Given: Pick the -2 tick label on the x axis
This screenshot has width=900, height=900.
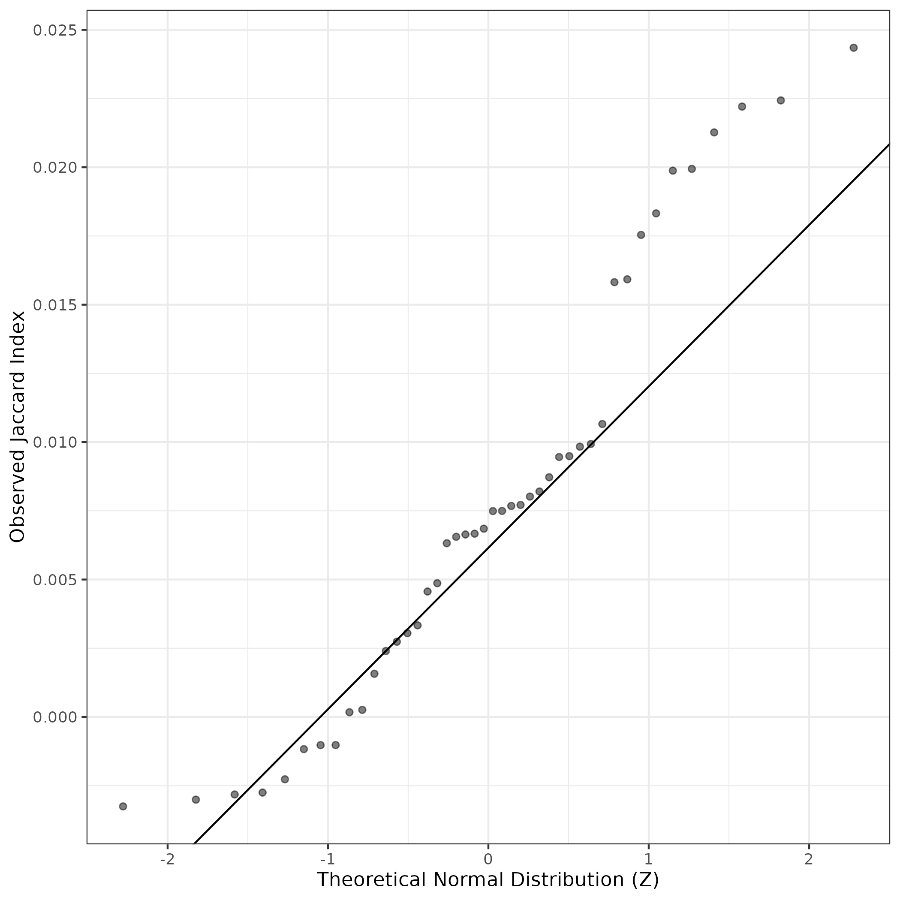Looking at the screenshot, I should [167, 859].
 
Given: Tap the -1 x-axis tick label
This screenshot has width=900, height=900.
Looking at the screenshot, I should [328, 859].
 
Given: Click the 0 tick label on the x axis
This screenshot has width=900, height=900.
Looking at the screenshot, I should [488, 859].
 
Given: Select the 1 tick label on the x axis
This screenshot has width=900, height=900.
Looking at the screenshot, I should [648, 859].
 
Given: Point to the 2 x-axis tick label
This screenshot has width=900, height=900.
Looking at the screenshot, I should [809, 859].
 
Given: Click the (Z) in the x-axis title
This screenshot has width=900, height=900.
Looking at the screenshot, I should [646, 879].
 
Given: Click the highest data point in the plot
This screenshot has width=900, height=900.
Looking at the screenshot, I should [853, 48].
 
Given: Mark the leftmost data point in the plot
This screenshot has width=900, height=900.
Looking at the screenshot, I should [123, 807].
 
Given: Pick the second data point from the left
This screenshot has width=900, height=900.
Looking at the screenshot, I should [196, 799].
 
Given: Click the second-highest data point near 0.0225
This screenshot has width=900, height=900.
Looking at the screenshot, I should [781, 100].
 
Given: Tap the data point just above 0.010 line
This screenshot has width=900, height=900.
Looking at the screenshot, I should [602, 424].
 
